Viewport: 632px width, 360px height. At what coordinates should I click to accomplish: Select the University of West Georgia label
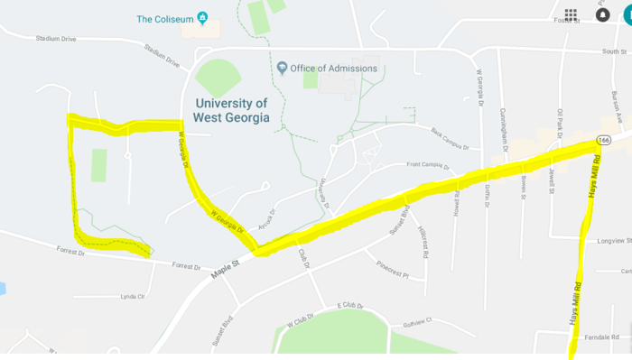pyautogui.click(x=231, y=111)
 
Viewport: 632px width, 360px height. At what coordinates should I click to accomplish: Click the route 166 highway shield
pyautogui.click(x=605, y=140)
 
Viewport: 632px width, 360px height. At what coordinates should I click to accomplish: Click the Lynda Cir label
pyautogui.click(x=133, y=296)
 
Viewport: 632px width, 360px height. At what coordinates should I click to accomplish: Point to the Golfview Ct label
pyautogui.click(x=417, y=321)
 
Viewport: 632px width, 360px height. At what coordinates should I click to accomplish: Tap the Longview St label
pyautogui.click(x=614, y=241)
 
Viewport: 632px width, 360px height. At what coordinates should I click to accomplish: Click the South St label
pyautogui.click(x=614, y=52)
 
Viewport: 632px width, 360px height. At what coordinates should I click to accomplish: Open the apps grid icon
pyautogui.click(x=571, y=14)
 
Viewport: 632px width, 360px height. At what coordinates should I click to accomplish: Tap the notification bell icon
pyautogui.click(x=602, y=14)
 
